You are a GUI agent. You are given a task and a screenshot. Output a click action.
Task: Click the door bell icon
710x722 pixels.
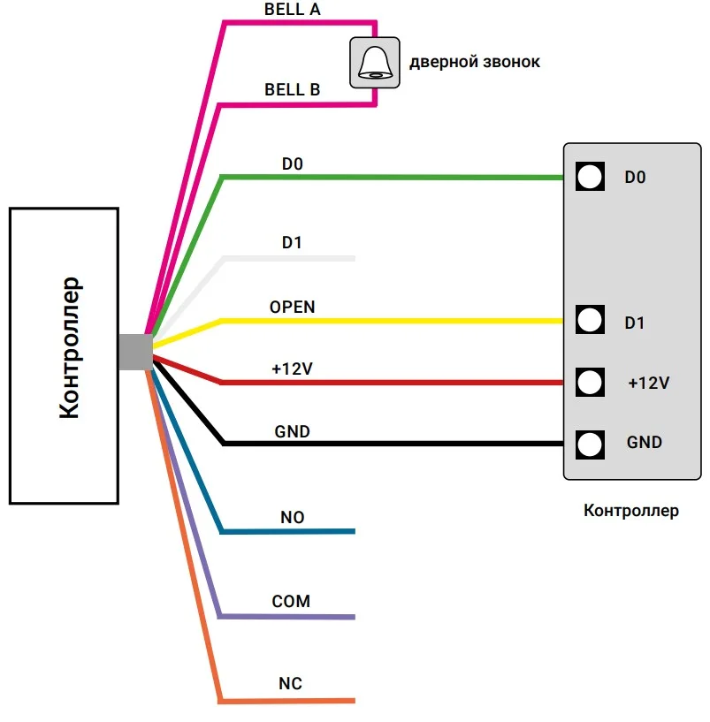point(375,62)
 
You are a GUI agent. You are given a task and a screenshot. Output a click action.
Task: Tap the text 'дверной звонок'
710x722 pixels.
point(474,62)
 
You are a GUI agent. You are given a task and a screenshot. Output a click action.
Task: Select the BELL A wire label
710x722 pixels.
point(292,11)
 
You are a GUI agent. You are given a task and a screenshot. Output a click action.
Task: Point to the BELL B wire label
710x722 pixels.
point(292,90)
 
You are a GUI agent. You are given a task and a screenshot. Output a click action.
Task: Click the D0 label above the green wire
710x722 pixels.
point(292,163)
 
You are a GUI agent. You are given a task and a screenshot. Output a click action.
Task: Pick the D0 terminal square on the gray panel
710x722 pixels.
point(588,177)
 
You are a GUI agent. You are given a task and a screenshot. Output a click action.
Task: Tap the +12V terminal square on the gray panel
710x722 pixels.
point(588,382)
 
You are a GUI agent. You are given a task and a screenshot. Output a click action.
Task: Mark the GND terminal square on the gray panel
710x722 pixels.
point(588,442)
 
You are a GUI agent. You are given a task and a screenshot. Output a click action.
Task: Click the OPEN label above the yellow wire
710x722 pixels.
point(292,308)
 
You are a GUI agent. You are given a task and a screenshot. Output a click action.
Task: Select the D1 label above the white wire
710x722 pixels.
point(292,242)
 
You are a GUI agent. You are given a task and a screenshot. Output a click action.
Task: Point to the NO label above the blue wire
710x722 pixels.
point(292,518)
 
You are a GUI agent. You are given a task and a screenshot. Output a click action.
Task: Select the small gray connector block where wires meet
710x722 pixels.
point(134,352)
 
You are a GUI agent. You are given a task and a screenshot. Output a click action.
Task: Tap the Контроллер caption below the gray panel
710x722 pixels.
point(631,511)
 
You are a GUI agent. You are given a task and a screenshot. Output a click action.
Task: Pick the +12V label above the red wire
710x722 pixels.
point(292,369)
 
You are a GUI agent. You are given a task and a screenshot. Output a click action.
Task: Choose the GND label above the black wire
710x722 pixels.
point(292,431)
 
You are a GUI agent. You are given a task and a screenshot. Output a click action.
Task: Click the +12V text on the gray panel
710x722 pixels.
point(648,384)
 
